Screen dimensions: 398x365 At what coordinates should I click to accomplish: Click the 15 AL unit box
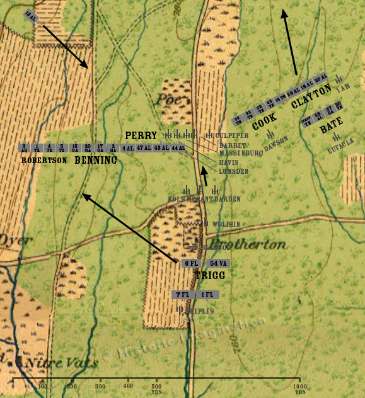tap(30, 15)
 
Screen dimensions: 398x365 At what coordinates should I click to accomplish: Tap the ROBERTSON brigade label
tap(44, 161)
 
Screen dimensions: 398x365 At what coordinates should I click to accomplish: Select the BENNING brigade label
tap(96, 161)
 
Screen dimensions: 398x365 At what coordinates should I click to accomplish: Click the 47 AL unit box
tap(144, 148)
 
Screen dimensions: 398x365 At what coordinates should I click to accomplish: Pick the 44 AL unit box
tap(178, 148)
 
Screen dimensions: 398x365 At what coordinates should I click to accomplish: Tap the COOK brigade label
tap(264, 122)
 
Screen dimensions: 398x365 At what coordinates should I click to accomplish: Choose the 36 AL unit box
tap(321, 77)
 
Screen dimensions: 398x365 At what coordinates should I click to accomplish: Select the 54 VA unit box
tap(218, 263)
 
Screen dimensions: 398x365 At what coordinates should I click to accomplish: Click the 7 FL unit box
tap(182, 295)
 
